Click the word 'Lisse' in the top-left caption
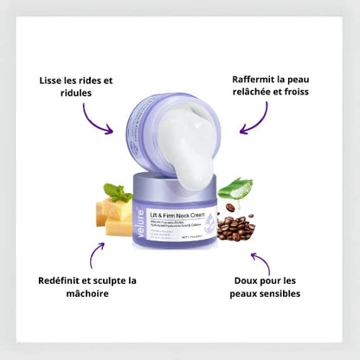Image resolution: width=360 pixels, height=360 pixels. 55,80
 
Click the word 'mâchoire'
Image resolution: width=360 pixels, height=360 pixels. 88,294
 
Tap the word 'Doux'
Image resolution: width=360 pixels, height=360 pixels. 249,280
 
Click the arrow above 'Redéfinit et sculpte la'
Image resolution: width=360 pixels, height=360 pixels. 96,254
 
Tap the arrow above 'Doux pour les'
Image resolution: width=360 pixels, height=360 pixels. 260,260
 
